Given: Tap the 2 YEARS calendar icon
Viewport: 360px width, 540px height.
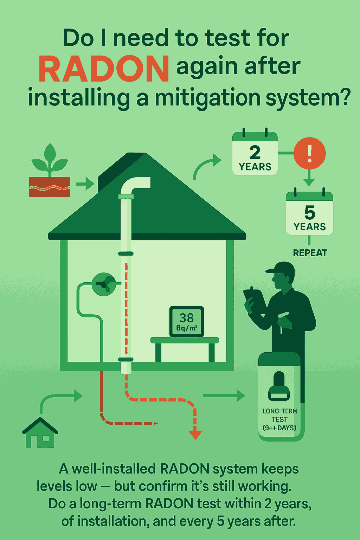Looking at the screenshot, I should (255, 154).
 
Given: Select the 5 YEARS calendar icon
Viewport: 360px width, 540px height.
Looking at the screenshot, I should (309, 214).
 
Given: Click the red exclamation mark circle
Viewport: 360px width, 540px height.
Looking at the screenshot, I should (309, 154).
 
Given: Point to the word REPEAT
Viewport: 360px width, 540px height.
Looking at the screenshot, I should (310, 253).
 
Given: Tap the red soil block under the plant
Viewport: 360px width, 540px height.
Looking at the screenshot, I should (50, 187).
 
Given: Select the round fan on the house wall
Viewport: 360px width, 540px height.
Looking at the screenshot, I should (104, 284).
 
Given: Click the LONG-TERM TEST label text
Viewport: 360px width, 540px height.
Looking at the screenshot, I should (280, 419).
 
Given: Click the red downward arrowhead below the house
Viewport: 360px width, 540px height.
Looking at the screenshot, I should (195, 435).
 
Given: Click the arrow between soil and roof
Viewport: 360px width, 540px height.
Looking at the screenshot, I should (85, 184).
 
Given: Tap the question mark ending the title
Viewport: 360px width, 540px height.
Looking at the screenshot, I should (343, 97).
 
